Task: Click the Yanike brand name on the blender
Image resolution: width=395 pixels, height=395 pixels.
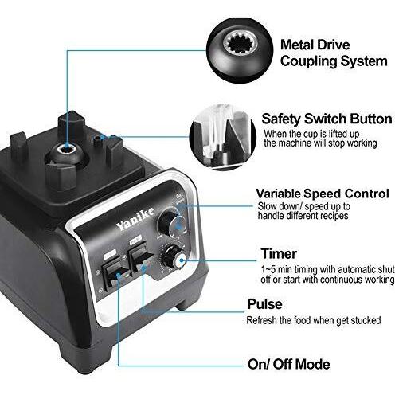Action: click(135, 218)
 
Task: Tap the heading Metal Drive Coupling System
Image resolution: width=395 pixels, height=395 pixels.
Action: click(334, 53)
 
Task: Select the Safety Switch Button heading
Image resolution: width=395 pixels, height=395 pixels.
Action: click(327, 119)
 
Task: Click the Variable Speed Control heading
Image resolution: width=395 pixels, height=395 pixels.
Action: click(323, 194)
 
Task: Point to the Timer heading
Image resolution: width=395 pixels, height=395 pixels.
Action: click(279, 253)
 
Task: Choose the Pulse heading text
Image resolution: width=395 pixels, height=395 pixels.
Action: click(264, 304)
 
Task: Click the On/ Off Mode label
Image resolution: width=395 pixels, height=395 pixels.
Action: click(289, 364)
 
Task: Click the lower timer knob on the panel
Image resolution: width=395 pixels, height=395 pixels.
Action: click(174, 257)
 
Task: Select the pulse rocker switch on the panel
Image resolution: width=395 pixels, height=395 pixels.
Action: click(141, 258)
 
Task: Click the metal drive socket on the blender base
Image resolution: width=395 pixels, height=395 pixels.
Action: click(67, 149)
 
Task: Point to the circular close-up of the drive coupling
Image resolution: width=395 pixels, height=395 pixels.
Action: click(240, 50)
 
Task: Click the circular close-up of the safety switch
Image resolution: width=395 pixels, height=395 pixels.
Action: click(222, 138)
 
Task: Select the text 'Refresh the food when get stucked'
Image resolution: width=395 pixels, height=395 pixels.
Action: click(314, 320)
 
